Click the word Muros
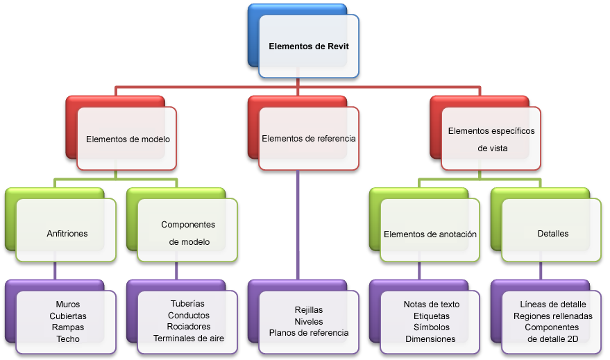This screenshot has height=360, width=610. click(68, 305)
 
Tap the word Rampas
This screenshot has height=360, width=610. click(68, 327)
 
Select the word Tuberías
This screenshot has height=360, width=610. click(187, 304)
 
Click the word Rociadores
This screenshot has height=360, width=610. click(189, 327)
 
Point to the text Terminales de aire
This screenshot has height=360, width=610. click(189, 338)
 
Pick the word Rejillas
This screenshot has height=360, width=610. click(309, 310)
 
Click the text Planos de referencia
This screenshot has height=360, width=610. click(309, 333)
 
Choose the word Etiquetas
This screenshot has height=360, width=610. click(432, 316)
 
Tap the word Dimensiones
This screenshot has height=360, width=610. click(430, 339)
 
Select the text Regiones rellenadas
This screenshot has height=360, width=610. click(553, 316)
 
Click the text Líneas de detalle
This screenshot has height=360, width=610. click(553, 305)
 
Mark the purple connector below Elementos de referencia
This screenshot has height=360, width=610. click(298, 225)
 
